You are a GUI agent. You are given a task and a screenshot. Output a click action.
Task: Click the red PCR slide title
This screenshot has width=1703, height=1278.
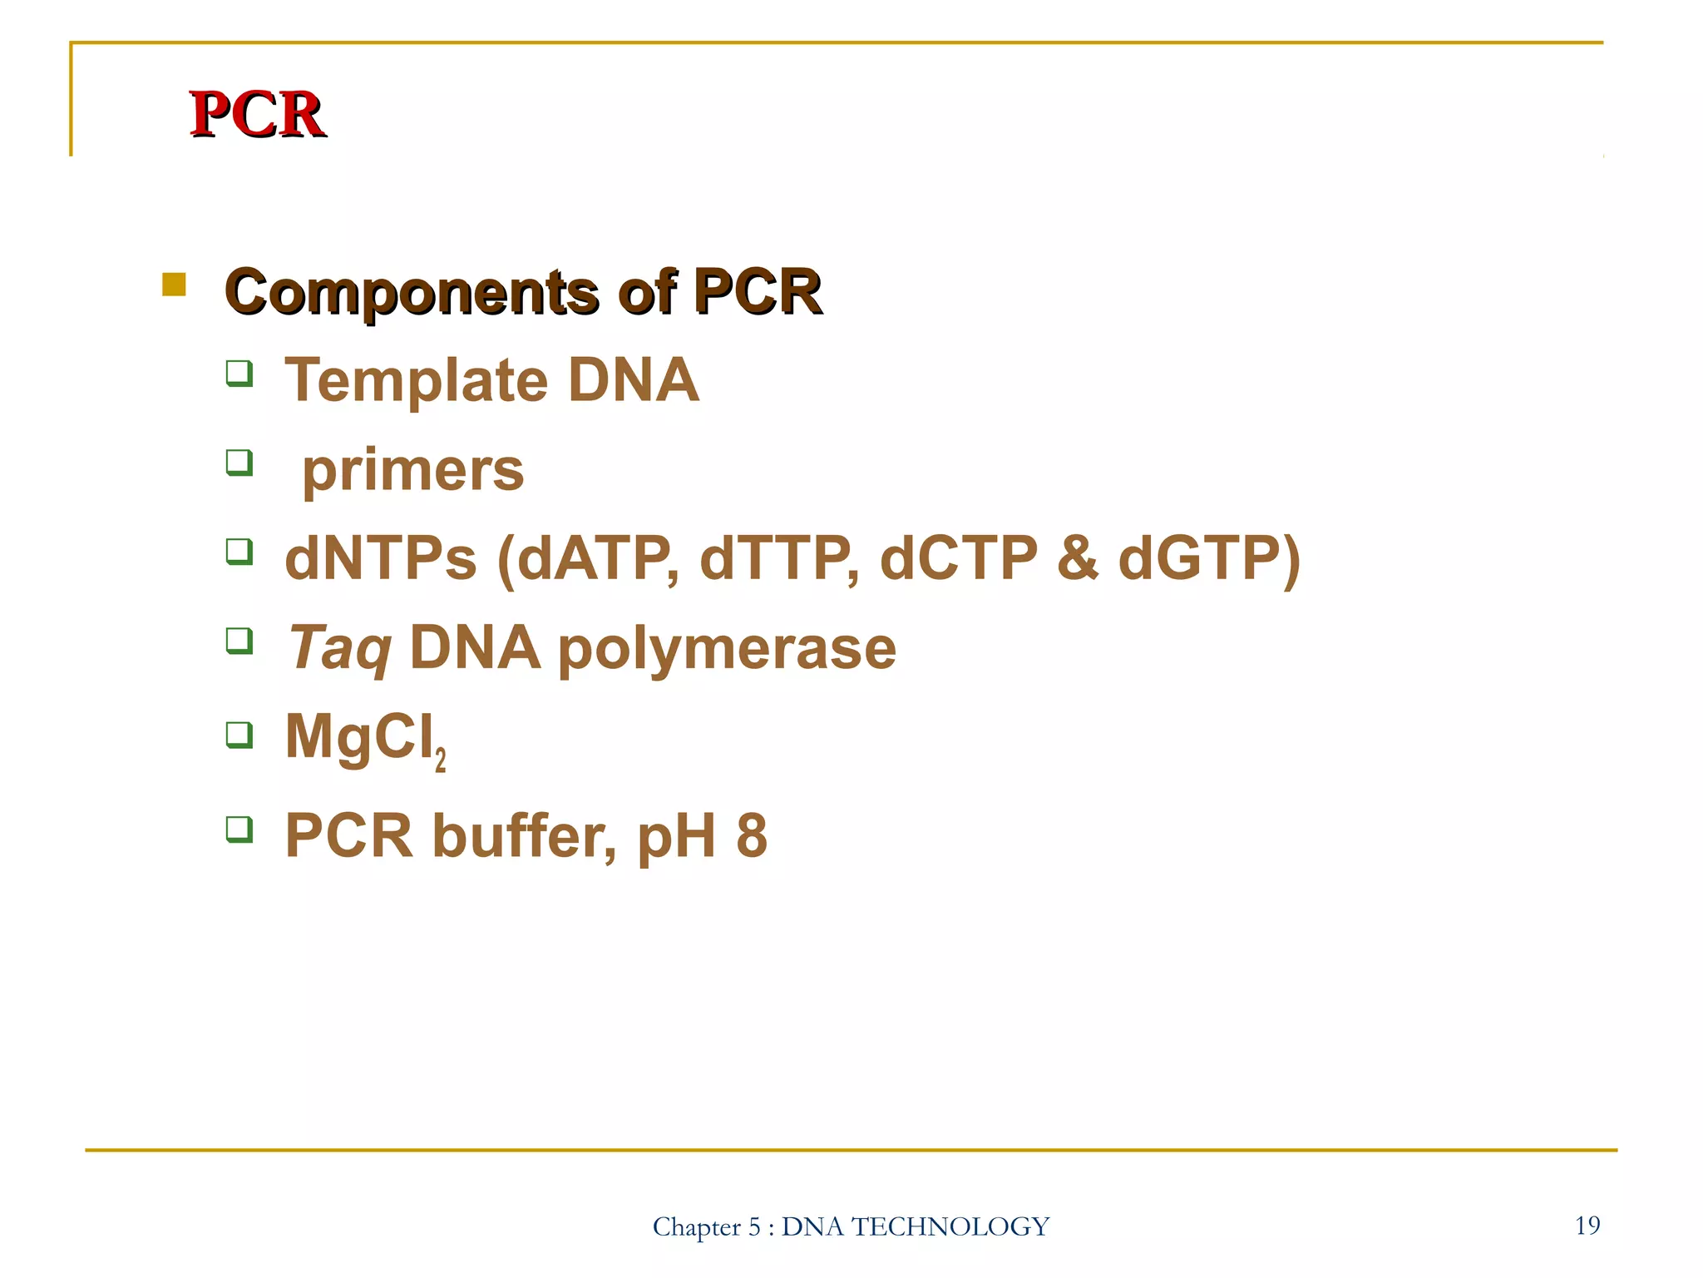pyautogui.click(x=256, y=114)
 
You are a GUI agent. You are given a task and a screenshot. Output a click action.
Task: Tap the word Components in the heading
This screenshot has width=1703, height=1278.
pyautogui.click(x=411, y=293)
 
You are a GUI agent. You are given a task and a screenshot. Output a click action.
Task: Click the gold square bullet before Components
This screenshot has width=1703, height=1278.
pyautogui.click(x=174, y=285)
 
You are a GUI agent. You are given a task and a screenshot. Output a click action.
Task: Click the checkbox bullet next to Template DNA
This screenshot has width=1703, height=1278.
pyautogui.click(x=239, y=373)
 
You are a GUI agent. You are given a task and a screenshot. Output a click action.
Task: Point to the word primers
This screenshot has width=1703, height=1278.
pyautogui.click(x=412, y=471)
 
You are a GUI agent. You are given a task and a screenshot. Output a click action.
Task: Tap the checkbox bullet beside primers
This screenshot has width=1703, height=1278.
pyautogui.click(x=239, y=462)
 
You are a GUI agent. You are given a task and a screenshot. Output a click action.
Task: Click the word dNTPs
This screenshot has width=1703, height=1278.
pyautogui.click(x=381, y=558)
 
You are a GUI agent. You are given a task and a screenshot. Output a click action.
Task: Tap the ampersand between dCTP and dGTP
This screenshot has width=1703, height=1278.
pyautogui.click(x=1078, y=558)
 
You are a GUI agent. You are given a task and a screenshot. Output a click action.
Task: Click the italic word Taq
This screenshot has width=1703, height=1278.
pyautogui.click(x=339, y=649)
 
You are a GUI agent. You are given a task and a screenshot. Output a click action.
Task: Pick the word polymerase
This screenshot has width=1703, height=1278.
pyautogui.click(x=727, y=649)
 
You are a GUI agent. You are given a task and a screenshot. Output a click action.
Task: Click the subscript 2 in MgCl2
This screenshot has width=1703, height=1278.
pyautogui.click(x=441, y=760)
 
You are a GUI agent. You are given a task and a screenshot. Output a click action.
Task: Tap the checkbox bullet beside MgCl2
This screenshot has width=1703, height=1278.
pyautogui.click(x=239, y=735)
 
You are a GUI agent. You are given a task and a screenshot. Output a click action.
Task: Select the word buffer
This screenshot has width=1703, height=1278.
pyautogui.click(x=524, y=836)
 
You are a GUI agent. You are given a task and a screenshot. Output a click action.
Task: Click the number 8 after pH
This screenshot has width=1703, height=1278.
pyautogui.click(x=751, y=836)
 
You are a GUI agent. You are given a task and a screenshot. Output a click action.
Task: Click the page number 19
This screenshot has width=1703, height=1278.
pyautogui.click(x=1587, y=1225)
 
